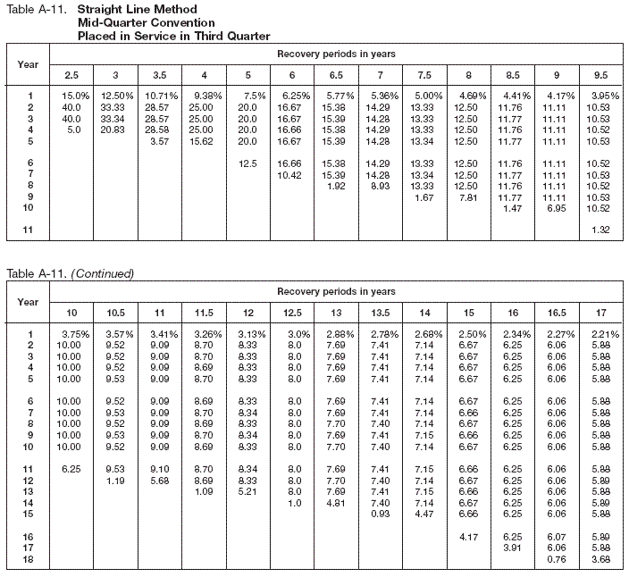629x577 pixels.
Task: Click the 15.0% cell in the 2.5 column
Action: (75, 96)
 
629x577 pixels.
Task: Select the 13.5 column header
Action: (380, 312)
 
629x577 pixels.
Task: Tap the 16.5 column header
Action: (556, 312)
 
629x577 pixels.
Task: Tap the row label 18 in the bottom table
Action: (29, 559)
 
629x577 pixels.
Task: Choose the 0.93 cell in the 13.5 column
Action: (381, 514)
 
